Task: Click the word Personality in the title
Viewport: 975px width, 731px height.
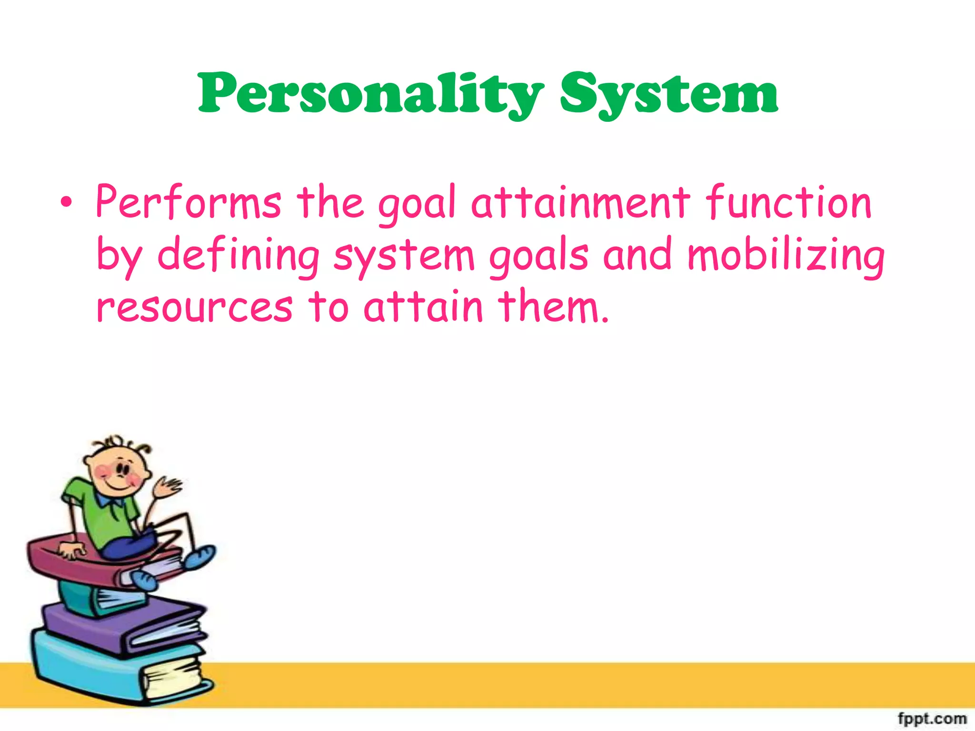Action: click(x=370, y=94)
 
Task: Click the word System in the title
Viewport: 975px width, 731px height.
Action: click(x=668, y=94)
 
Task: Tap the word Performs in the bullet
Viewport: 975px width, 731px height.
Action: click(x=189, y=203)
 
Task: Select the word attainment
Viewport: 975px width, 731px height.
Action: click(x=580, y=203)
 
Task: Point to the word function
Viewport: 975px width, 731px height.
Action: click(x=788, y=203)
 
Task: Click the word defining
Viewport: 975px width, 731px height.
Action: click(x=238, y=255)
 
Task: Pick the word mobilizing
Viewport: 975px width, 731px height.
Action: click(x=786, y=255)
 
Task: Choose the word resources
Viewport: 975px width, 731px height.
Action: click(x=194, y=307)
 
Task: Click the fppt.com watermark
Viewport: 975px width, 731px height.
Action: click(x=932, y=718)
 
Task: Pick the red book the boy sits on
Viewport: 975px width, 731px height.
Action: click(x=71, y=562)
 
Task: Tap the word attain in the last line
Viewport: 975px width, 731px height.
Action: click(x=423, y=306)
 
